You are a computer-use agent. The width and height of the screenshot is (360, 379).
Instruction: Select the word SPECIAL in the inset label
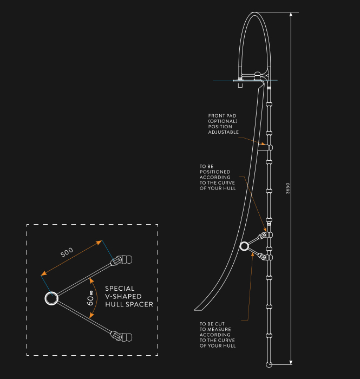coord(120,289)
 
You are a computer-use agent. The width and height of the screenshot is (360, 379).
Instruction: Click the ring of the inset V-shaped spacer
coord(51,298)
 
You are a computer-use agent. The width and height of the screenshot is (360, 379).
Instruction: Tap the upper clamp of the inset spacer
coord(122,260)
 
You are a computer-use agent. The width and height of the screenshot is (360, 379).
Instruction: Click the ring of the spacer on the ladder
coord(244,246)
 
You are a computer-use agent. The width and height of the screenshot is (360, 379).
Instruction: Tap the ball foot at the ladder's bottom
coord(269,365)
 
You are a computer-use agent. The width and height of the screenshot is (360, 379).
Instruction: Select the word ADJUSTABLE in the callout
coord(223,132)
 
